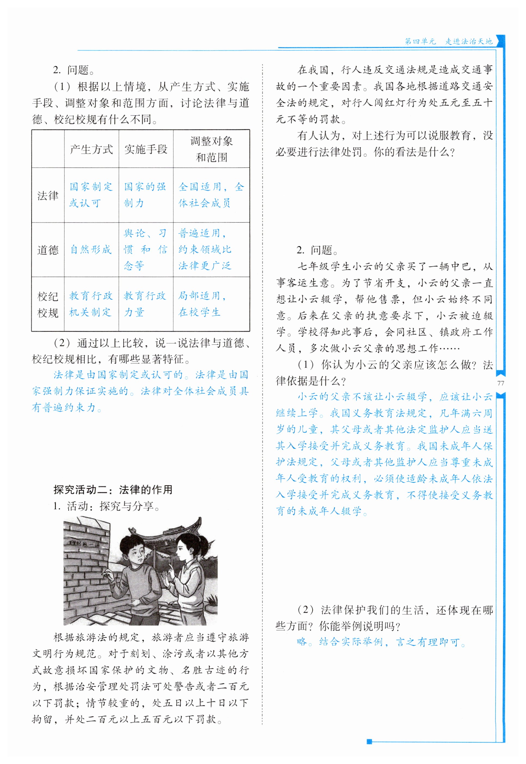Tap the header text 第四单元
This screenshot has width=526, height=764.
(420, 42)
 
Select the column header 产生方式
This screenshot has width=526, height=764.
(91, 149)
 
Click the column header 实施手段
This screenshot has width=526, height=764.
(146, 149)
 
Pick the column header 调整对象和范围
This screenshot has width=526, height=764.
(211, 149)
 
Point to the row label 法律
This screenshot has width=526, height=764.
(48, 195)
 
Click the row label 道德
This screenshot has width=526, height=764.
(48, 250)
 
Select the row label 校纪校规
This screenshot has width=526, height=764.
(48, 304)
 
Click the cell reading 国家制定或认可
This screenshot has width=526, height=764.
(91, 195)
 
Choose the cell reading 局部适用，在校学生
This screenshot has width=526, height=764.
(202, 304)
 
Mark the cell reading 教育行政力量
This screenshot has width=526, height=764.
(145, 304)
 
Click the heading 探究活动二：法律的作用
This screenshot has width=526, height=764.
(113, 490)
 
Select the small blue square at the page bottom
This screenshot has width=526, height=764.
(369, 742)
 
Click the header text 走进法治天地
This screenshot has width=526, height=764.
(469, 42)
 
